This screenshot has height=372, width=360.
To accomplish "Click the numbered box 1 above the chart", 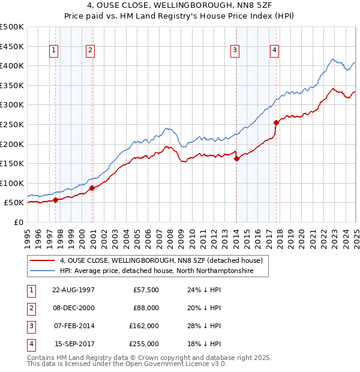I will click(54, 50).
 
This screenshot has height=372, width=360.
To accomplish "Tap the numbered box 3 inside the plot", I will click(235, 50).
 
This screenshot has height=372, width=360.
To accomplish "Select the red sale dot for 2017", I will click(276, 122).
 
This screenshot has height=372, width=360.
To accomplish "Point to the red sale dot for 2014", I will click(236, 159).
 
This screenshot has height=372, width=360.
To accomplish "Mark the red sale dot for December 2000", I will click(92, 188).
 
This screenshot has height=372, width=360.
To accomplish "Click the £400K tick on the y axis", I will click(12, 65).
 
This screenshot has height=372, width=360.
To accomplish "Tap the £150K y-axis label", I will click(12, 163).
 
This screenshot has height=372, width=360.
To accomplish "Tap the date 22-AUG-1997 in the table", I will click(74, 290).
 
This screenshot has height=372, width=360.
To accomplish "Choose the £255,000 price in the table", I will click(145, 344).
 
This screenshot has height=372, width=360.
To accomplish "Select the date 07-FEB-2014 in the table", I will click(74, 326).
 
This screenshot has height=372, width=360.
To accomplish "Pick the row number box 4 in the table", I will click(31, 344).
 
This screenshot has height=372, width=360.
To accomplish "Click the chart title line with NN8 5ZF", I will click(179, 5).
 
